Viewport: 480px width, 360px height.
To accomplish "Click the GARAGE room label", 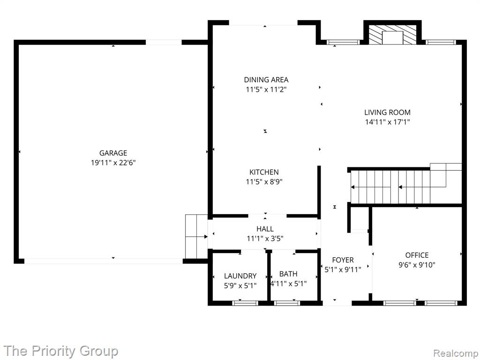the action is (113, 153).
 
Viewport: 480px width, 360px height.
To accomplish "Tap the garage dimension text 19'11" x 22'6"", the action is (113, 163).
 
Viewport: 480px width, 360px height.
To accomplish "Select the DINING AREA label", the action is (266, 80).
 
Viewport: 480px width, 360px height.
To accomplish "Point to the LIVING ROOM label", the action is (387, 112).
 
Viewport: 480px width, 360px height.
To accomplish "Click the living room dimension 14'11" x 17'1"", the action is (387, 122).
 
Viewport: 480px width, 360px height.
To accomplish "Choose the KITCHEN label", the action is (264, 172).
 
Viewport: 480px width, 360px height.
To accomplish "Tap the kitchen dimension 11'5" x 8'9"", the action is (264, 182).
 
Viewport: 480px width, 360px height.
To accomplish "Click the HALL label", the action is (265, 229).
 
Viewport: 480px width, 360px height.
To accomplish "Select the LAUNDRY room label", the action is (240, 276).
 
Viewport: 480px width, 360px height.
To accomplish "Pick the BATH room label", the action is (288, 274).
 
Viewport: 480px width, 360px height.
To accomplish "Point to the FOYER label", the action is (343, 260).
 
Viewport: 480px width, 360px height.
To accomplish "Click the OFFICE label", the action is (417, 255).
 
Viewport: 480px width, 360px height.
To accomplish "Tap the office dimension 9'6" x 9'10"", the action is (417, 265).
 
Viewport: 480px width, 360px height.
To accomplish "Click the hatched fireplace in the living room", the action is (392, 34).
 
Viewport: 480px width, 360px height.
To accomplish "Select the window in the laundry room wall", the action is (245, 303).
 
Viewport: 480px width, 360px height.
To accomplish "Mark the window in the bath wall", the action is (287, 303).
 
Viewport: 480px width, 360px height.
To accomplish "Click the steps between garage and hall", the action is (196, 236).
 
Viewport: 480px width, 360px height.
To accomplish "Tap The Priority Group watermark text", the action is (61, 351).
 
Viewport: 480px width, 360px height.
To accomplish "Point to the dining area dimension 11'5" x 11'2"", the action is (266, 90).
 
